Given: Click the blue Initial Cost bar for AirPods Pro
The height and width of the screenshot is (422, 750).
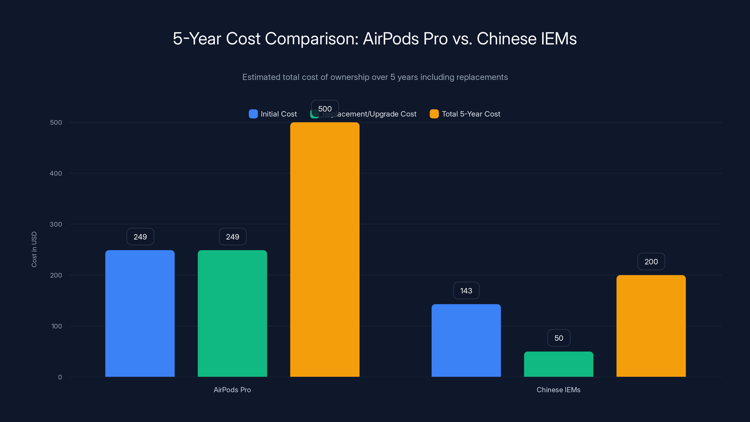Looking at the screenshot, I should point(140,313).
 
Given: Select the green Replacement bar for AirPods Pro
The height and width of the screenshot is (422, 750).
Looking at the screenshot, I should point(232,313).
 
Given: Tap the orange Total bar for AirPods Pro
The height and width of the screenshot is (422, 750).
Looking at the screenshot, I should point(325,250).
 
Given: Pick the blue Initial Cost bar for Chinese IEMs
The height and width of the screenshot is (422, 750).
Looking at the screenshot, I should point(466,340).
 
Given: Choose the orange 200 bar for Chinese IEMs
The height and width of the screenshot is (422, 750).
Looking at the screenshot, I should point(651,326).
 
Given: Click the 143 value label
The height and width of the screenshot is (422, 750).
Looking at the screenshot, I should point(466,291).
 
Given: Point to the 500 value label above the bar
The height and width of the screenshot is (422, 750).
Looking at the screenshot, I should point(325,109).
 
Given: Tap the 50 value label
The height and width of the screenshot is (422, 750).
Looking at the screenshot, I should point(559,338).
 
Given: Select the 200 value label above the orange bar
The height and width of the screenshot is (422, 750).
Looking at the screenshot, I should point(651,262).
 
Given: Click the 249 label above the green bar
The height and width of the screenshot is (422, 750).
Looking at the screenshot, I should point(232,237).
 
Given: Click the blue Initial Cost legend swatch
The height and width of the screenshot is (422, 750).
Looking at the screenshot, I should point(253,114).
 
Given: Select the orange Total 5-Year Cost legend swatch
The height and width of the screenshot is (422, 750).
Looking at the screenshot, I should point(434,114).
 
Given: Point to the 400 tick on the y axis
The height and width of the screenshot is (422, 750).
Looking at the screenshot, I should point(56,173).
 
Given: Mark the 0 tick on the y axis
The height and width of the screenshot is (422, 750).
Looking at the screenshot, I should point(60,377).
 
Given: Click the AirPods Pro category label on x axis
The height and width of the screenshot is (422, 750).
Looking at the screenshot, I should point(232,390).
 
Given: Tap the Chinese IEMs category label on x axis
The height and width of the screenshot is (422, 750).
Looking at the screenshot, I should point(558,390).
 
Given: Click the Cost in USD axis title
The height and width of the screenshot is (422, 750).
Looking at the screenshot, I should point(34,249).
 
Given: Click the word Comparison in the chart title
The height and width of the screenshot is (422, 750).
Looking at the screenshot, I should point(311,39).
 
